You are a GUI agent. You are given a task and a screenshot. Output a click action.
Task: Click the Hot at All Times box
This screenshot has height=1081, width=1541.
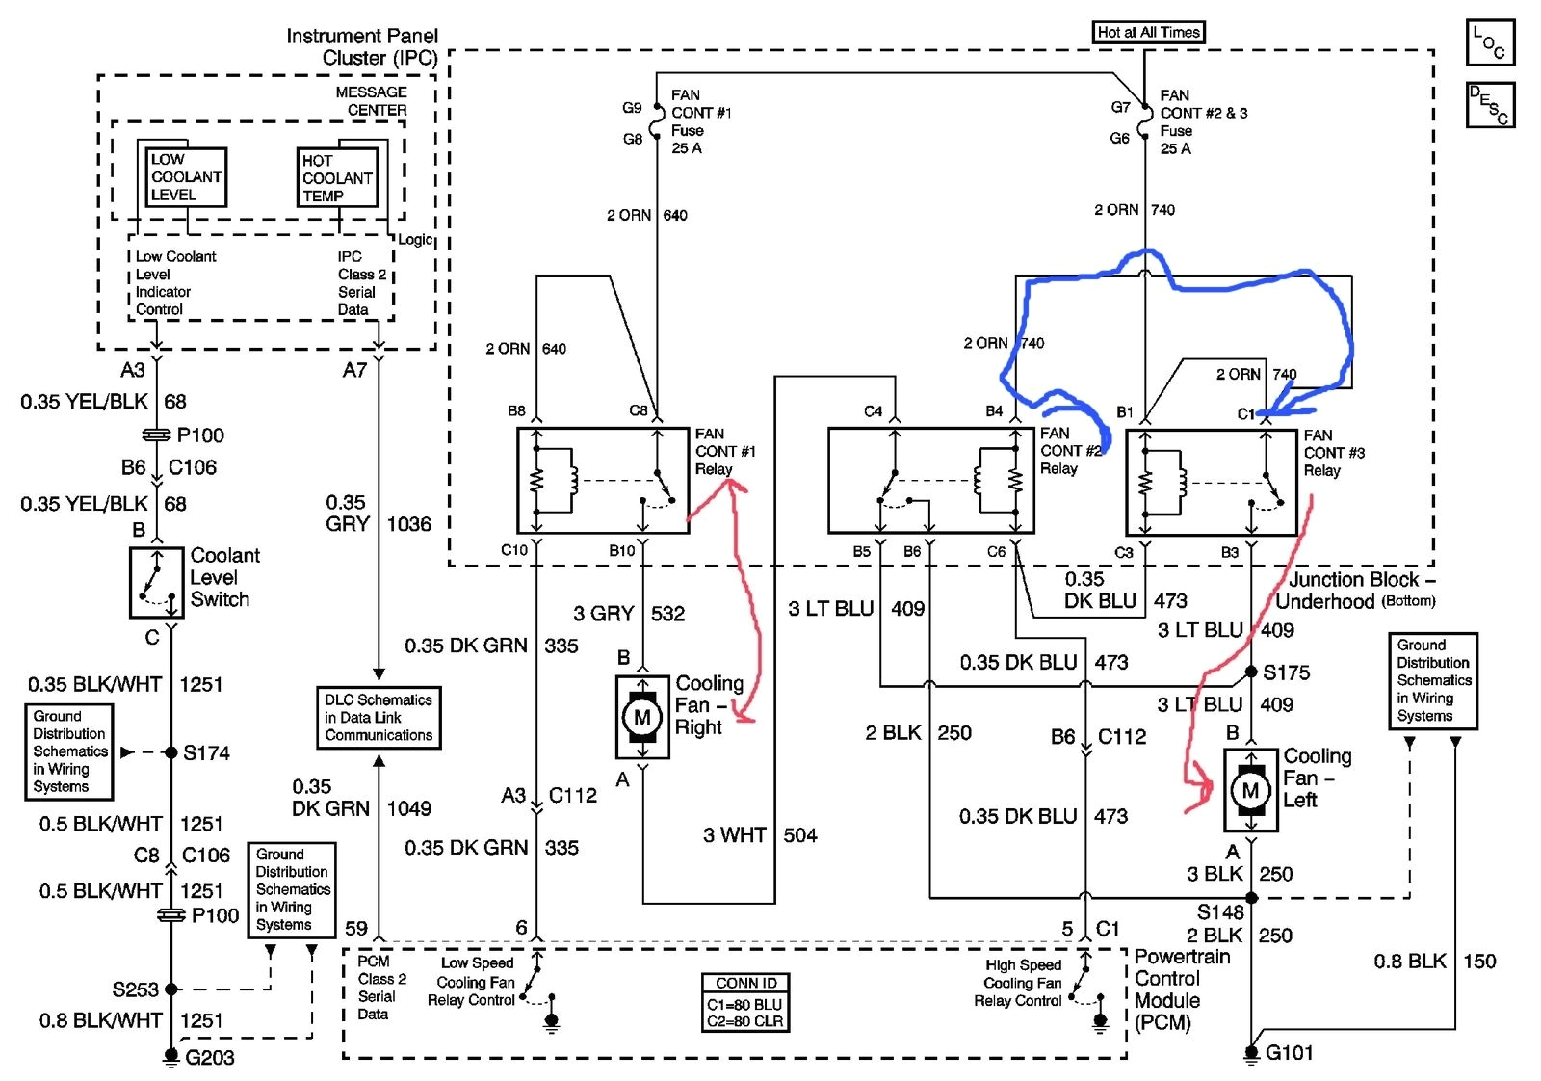pyautogui.click(x=1148, y=32)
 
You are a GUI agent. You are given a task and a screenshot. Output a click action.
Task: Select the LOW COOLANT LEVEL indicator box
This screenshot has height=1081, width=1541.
pyautogui.click(x=186, y=177)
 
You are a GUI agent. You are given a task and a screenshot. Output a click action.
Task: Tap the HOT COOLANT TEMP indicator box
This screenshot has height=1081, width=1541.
pyautogui.click(x=336, y=178)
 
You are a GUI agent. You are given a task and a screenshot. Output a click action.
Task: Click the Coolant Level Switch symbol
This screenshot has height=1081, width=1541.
pyautogui.click(x=157, y=583)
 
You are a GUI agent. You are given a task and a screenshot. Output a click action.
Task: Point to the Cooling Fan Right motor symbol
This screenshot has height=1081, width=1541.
pyautogui.click(x=641, y=717)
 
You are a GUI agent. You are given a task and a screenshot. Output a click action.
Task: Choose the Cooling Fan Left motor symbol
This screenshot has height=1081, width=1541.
pyautogui.click(x=1250, y=791)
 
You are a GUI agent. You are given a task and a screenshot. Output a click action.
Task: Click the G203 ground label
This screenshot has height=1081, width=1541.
pyautogui.click(x=209, y=1058)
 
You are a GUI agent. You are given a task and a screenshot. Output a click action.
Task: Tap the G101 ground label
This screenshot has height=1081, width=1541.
pyautogui.click(x=1289, y=1052)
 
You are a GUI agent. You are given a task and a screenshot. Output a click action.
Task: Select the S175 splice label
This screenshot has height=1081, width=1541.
pyautogui.click(x=1286, y=672)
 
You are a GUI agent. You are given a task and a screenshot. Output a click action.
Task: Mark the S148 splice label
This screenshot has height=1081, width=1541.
pyautogui.click(x=1219, y=911)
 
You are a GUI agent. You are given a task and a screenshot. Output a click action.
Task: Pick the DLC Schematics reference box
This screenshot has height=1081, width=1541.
pyautogui.click(x=379, y=718)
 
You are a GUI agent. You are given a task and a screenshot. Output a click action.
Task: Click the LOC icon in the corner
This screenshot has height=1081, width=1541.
pyautogui.click(x=1489, y=42)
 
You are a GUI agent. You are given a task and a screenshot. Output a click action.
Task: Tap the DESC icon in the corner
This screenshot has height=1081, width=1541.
pyautogui.click(x=1489, y=105)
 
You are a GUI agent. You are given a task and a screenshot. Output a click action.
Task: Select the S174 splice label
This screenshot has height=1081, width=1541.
pyautogui.click(x=206, y=753)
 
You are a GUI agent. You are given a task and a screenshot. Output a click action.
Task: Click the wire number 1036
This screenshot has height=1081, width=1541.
pyautogui.click(x=408, y=524)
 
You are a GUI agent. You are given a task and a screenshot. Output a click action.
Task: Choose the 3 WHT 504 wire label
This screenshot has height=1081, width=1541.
pyautogui.click(x=760, y=835)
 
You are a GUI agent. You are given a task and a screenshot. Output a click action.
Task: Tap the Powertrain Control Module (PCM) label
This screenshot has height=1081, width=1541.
pyautogui.click(x=1181, y=989)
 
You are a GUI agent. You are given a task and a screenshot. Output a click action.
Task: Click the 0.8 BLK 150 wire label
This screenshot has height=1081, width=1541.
pyautogui.click(x=1434, y=962)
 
